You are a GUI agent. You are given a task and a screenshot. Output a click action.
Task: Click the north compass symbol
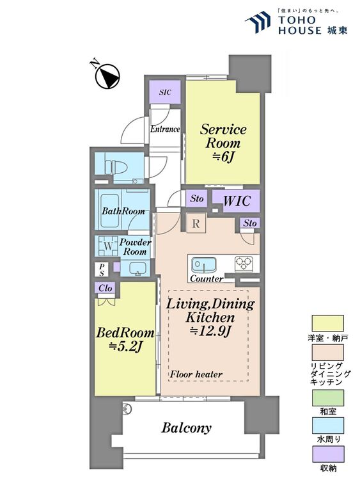[x=107, y=77]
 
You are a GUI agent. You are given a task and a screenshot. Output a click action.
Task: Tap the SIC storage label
[x=165, y=92]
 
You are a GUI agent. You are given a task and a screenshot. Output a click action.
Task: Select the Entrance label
[x=165, y=129]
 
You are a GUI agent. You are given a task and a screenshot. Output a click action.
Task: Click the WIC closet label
[x=237, y=201]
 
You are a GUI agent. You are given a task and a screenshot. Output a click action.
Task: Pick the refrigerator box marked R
[x=196, y=223]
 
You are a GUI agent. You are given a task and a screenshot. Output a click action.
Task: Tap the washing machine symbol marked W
[x=108, y=246]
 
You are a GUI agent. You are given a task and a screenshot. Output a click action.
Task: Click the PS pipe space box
[x=102, y=269]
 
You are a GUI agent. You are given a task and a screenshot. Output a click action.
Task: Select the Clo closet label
[x=106, y=288]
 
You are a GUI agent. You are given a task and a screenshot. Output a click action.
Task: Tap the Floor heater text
[x=196, y=374]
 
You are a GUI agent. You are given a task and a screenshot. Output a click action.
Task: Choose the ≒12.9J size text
[x=210, y=331]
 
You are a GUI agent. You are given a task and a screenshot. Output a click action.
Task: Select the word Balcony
[x=186, y=428]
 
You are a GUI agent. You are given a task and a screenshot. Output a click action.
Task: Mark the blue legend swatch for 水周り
[x=328, y=426]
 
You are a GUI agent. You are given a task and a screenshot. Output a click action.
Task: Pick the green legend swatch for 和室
[x=328, y=397]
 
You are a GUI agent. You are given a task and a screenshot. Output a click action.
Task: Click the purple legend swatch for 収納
[x=328, y=454]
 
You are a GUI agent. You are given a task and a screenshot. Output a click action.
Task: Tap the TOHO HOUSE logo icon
[x=258, y=21]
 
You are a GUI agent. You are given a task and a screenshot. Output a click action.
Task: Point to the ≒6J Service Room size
[x=223, y=157]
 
